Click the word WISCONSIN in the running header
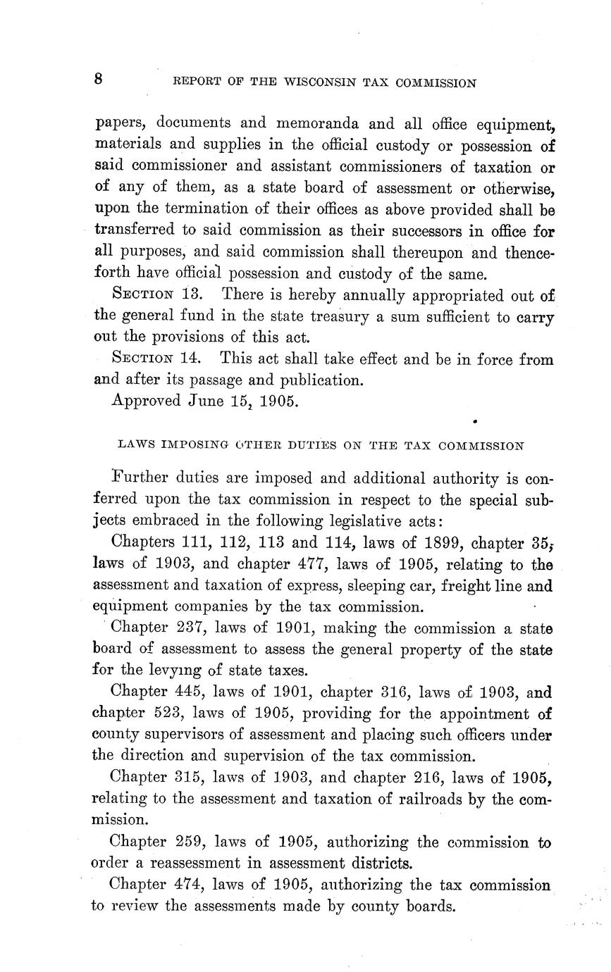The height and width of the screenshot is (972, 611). [321, 82]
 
